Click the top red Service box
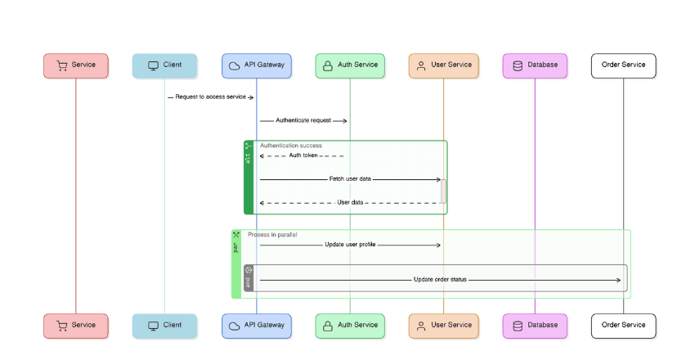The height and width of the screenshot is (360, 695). point(75,65)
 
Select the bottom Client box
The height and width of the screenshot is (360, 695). point(164,326)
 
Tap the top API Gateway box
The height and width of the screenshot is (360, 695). point(256,65)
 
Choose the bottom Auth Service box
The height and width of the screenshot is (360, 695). point(350,326)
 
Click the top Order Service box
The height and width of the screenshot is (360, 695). point(623,65)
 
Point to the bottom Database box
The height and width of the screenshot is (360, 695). point(535,326)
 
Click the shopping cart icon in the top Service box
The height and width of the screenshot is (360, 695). point(61,65)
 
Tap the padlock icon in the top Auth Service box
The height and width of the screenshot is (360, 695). point(327,65)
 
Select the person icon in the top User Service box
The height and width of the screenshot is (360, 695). point(421,65)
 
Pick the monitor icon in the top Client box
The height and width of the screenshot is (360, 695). point(152,65)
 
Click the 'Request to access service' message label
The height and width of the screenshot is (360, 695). point(210,97)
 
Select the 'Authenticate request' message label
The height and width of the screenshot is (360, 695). point(303,120)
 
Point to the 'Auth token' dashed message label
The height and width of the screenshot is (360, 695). point(303,155)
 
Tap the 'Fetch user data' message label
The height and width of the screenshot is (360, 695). point(350,178)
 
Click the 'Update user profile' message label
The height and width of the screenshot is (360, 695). point(350,245)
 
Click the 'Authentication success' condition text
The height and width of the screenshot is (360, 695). point(291,146)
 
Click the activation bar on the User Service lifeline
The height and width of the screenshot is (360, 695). point(443,191)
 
